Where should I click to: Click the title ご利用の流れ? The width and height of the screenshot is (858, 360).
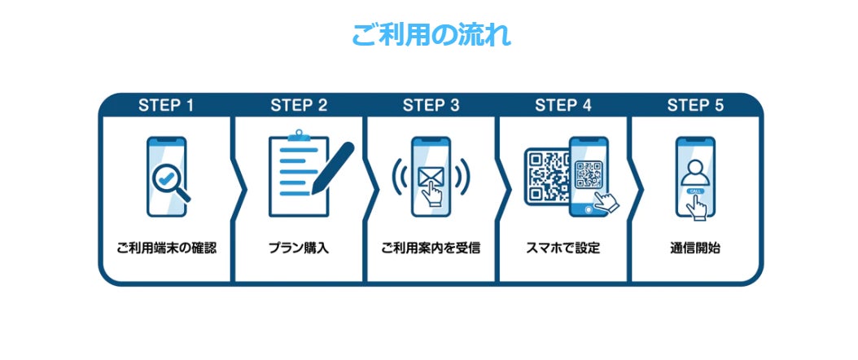(431, 36)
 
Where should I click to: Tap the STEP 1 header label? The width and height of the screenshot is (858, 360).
(166, 105)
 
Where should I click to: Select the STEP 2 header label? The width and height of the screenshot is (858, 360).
(299, 105)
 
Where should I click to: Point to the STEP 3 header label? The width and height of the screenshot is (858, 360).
(431, 105)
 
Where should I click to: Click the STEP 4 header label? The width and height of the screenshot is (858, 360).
(563, 105)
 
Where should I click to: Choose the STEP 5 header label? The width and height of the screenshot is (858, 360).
(695, 105)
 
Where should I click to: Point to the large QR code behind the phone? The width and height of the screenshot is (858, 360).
(545, 173)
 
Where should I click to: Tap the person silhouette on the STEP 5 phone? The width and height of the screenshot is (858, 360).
(695, 172)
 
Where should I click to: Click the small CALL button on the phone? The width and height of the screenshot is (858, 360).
(695, 191)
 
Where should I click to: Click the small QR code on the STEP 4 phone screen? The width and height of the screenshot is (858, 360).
(589, 173)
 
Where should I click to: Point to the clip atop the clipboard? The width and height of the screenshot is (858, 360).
(298, 134)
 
